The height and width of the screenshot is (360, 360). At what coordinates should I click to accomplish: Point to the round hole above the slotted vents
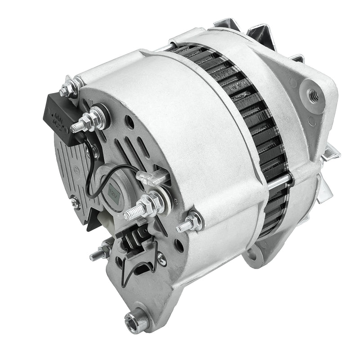click(130, 120)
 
